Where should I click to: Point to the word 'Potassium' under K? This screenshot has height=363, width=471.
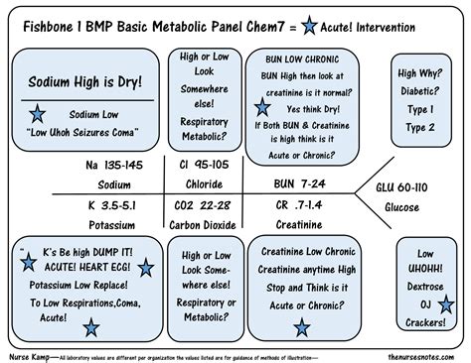tap(107, 224)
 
